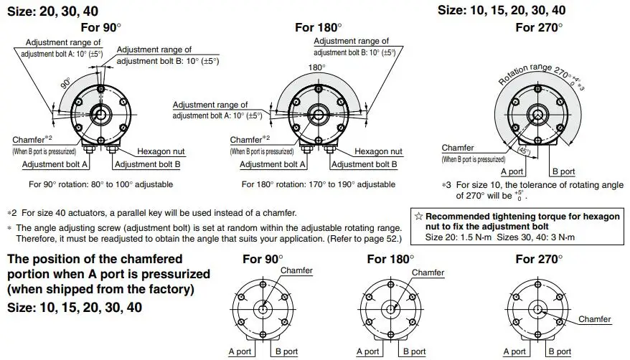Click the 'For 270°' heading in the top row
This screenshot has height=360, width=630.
coord(536,27)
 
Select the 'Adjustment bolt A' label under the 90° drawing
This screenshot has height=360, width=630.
coord(55,164)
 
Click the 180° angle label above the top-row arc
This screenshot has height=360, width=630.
coord(317,67)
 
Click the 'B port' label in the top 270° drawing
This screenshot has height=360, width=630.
coord(563,172)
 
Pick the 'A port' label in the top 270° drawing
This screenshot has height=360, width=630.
coord(512,172)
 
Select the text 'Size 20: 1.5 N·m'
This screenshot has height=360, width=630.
coord(456,237)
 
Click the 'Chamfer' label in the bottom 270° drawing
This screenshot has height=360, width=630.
coord(594,319)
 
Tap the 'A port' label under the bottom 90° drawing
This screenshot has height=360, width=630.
coord(240,351)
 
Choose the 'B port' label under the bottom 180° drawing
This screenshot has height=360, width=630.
coord(414,351)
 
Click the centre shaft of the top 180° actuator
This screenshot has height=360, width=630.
coord(317,113)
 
